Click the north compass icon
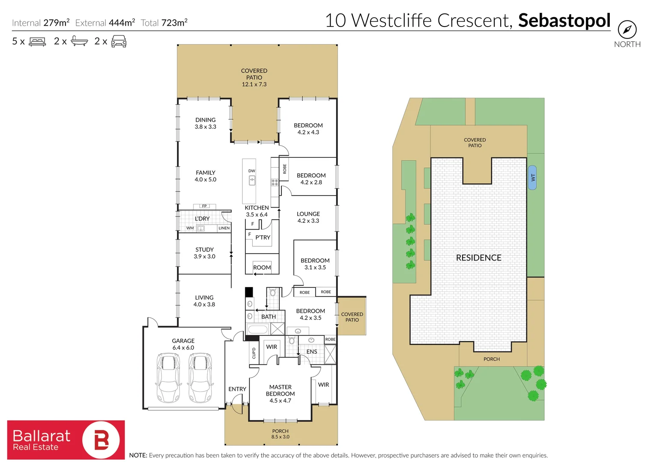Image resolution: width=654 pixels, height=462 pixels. point(627,30)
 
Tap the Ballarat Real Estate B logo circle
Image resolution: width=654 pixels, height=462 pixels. point(101,440)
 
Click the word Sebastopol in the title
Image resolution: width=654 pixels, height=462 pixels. point(564,21)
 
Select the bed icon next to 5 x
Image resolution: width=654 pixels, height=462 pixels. point(37,41)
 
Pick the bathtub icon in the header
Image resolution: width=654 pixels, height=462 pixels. point(79,41)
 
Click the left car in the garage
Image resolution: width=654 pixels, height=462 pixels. point(168,377)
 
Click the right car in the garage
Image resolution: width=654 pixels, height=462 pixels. point(200,377)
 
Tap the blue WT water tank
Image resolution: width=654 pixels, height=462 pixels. point(532,178)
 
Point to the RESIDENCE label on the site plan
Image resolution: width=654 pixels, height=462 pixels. point(478,258)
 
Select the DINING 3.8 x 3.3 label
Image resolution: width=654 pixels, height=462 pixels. point(206,123)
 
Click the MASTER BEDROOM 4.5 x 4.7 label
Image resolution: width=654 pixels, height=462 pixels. point(280,394)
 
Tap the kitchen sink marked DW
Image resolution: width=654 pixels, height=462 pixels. point(252,180)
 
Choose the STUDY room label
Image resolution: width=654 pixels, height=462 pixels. point(204,253)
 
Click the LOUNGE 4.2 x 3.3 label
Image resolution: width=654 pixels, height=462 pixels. point(308,217)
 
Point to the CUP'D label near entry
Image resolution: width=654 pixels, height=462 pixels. point(254,353)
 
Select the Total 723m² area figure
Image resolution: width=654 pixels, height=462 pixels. point(164,23)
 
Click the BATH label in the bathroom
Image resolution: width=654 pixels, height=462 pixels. point(269,317)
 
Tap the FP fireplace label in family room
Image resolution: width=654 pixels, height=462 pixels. point(204,206)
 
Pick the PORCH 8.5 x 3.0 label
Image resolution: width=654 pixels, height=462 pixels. point(280,434)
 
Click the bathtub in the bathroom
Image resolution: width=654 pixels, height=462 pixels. point(258,329)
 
